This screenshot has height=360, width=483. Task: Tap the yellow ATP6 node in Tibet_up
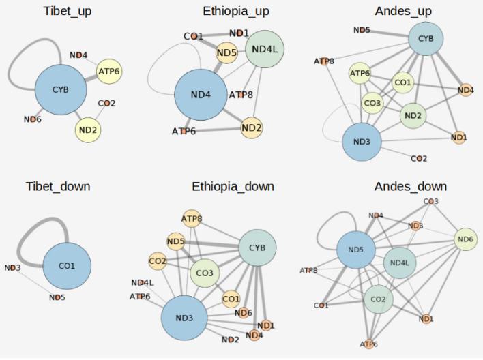pyautogui.click(x=109, y=70)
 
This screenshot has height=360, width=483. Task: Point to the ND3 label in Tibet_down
pyautogui.click(x=12, y=268)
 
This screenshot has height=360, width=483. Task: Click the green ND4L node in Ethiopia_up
pyautogui.click(x=265, y=49)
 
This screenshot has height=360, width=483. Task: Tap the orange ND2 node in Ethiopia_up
pyautogui.click(x=252, y=127)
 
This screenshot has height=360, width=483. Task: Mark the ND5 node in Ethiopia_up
pyautogui.click(x=227, y=52)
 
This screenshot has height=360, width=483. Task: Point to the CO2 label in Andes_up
pyautogui.click(x=419, y=159)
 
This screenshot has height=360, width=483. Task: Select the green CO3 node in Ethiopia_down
pyautogui.click(x=205, y=273)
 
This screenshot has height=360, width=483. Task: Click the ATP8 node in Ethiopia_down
pyautogui.click(x=192, y=219)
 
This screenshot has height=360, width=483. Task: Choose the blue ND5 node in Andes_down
pyautogui.click(x=356, y=250)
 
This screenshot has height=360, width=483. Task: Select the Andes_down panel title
pyautogui.click(x=411, y=186)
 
